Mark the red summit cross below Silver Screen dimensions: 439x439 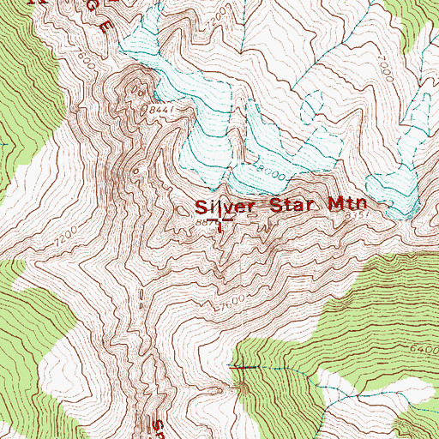[x=224, y=226]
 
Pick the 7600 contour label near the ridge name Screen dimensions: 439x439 [x=83, y=62]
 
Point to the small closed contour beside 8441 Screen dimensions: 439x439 [x=135, y=83]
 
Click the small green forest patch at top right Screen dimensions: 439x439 [x=424, y=34]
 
